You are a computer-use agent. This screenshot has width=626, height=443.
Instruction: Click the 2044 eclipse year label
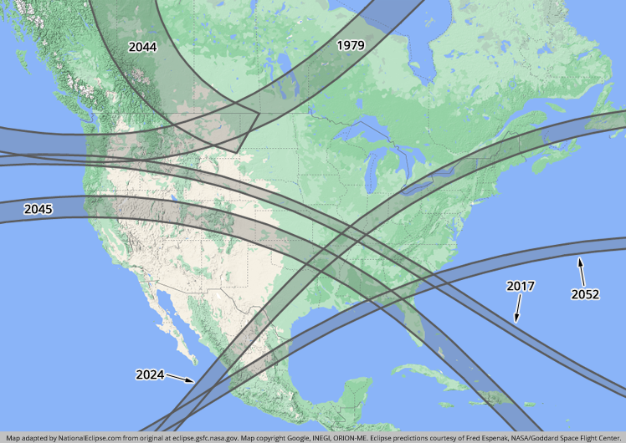pyautogui.click(x=142, y=48)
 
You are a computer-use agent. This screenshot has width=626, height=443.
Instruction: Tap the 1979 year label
pyautogui.click(x=350, y=45)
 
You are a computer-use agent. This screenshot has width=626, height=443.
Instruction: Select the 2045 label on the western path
pyautogui.click(x=38, y=209)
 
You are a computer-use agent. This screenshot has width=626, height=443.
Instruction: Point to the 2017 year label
pyautogui.click(x=521, y=286)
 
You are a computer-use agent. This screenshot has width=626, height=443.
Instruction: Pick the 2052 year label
pyautogui.click(x=585, y=294)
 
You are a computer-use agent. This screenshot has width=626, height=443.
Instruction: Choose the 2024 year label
pyautogui.click(x=150, y=374)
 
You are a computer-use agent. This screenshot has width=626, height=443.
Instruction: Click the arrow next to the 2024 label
pyautogui.click(x=180, y=379)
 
